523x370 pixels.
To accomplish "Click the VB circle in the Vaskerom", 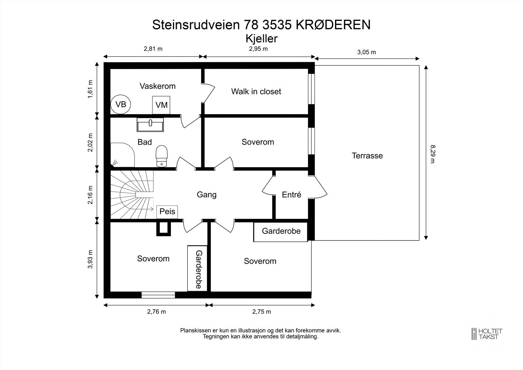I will pyautogui.click(x=121, y=104).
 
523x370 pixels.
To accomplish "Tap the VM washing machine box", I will pyautogui.click(x=161, y=105).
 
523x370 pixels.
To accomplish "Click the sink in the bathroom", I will pyautogui.click(x=150, y=125).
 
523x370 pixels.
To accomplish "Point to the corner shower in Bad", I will pyautogui.click(x=122, y=155).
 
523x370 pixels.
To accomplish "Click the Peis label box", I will pyautogui.click(x=167, y=212).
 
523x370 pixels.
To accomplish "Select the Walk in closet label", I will pyautogui.click(x=256, y=92).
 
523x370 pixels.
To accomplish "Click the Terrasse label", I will pyautogui.click(x=367, y=156).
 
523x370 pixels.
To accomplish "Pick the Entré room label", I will pyautogui.click(x=291, y=195).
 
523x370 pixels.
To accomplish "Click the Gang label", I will pyautogui.click(x=206, y=195).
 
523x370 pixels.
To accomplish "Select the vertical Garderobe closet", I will pyautogui.click(x=197, y=268).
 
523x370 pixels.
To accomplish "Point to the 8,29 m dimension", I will pyautogui.click(x=432, y=154).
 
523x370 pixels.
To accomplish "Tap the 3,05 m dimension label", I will pyautogui.click(x=366, y=52).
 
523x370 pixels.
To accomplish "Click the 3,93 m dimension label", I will pyautogui.click(x=91, y=259).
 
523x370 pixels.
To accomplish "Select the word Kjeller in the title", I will pyautogui.click(x=261, y=39).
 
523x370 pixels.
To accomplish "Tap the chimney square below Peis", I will pyautogui.click(x=163, y=229).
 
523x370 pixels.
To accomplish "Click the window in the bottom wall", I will pyautogui.click(x=158, y=295).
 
